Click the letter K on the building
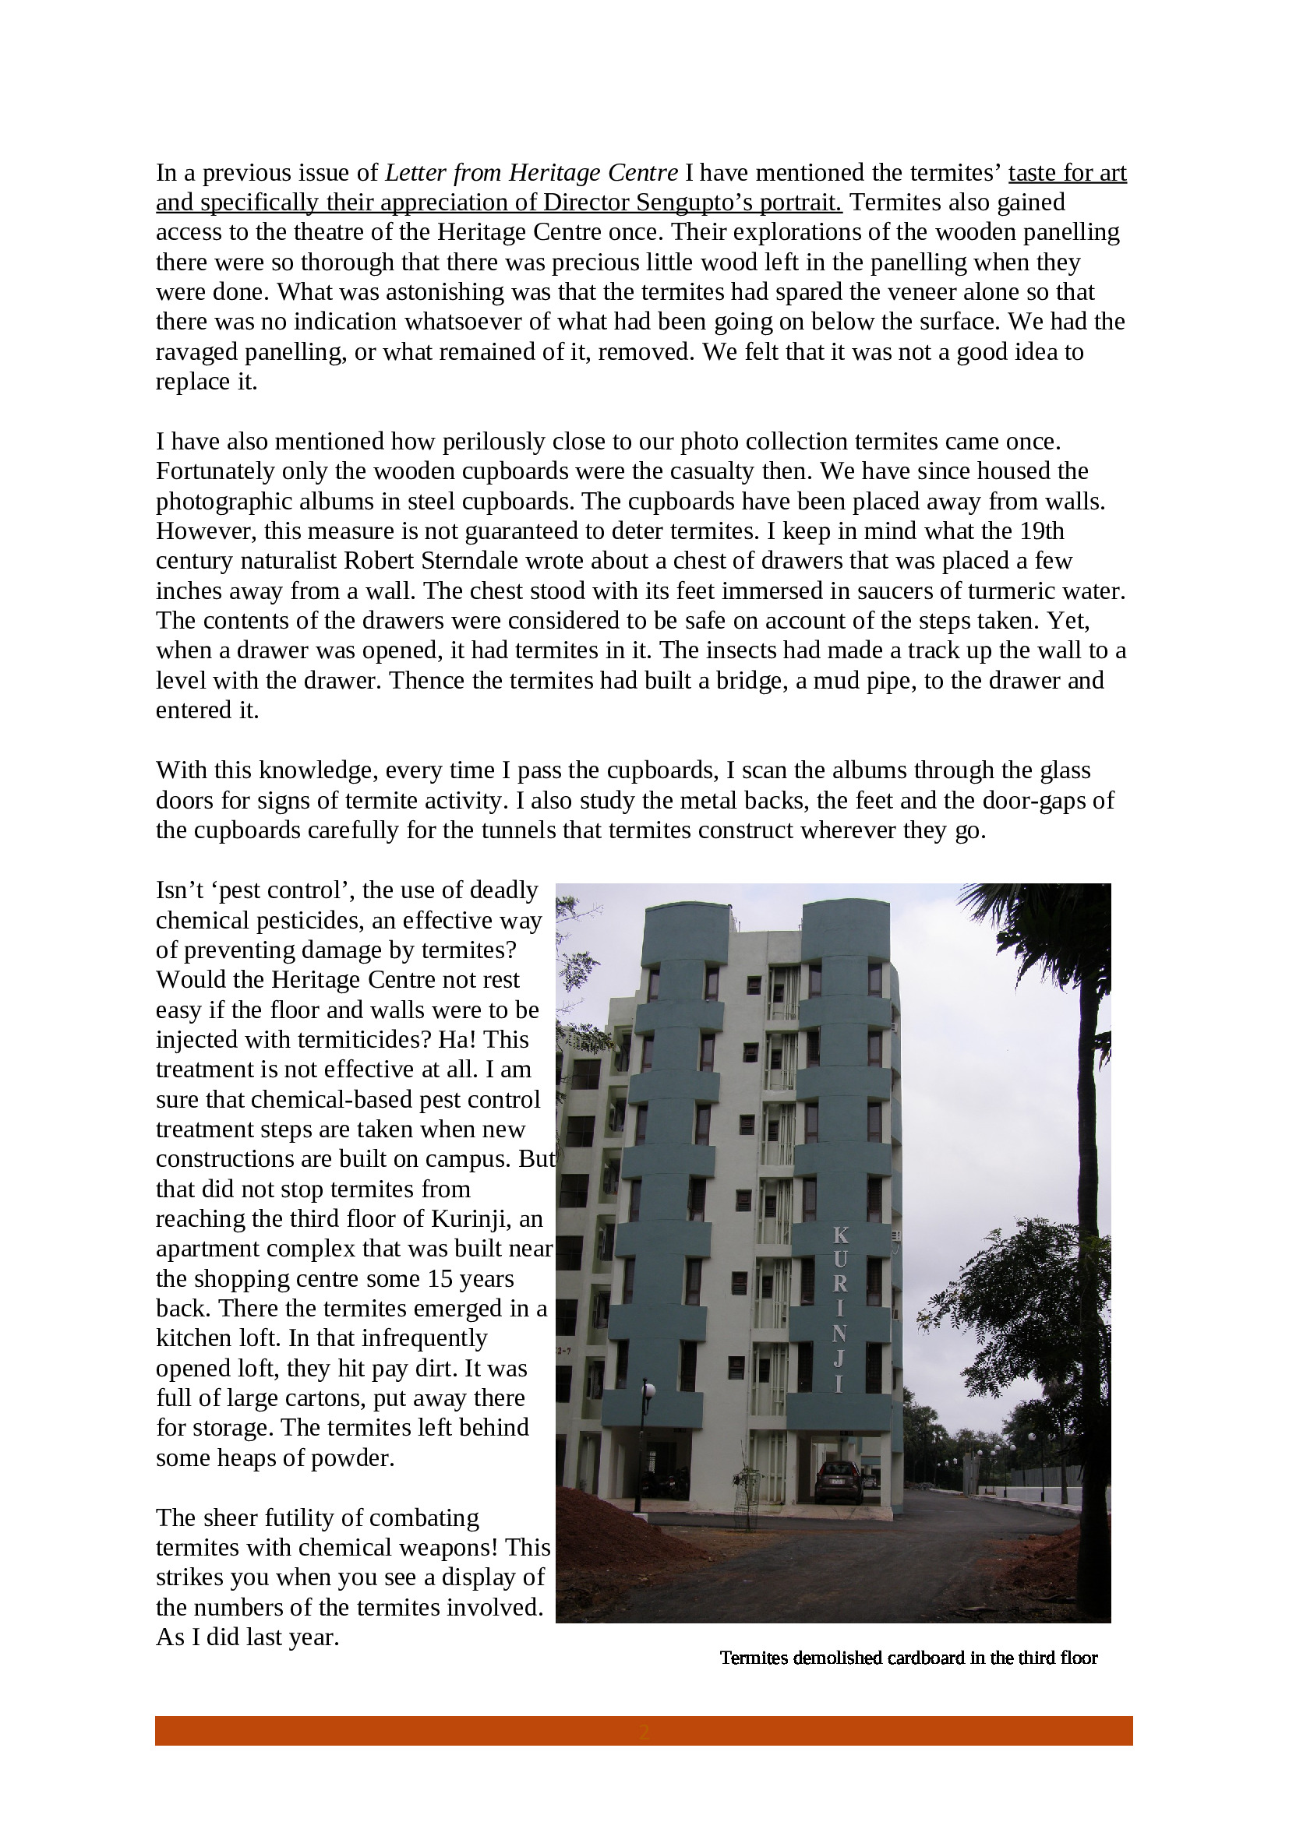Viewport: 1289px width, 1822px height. [x=841, y=1235]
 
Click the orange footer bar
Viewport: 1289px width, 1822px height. [x=644, y=1731]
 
